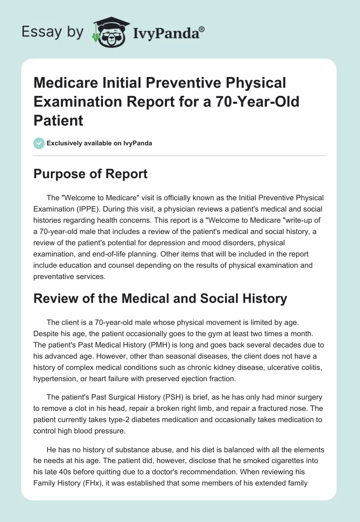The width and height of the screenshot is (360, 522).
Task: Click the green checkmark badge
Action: (x=39, y=143)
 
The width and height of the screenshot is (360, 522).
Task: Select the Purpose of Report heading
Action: (x=91, y=174)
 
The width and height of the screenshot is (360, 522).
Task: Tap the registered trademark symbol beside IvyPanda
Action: (x=202, y=29)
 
